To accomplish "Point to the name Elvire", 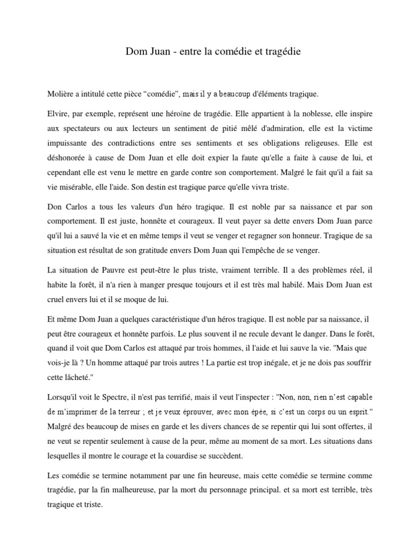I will (x=58, y=116).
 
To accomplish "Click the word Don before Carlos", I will (x=56, y=208).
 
